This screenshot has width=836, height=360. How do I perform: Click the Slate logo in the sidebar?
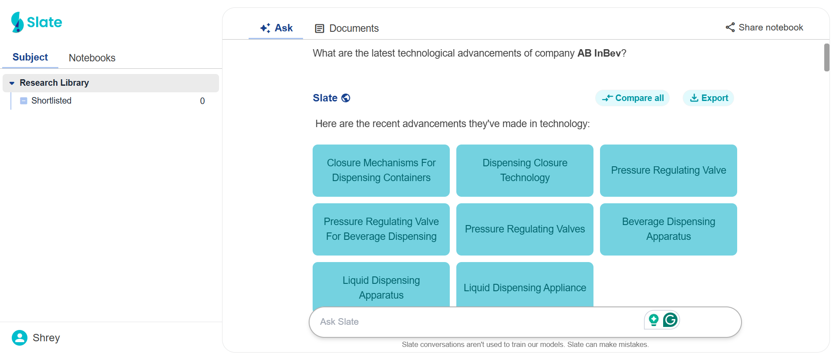tap(37, 22)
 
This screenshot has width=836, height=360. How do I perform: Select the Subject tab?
tap(30, 57)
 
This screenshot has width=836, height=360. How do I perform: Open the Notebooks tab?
tap(92, 58)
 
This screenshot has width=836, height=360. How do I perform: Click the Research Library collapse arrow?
tap(12, 83)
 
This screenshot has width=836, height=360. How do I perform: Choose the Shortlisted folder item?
tap(51, 101)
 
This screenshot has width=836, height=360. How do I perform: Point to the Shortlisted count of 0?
tap(202, 101)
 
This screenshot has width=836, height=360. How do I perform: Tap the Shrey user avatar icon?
tap(20, 337)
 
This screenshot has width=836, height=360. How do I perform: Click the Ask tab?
tap(276, 28)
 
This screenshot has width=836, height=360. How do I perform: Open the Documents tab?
tap(347, 28)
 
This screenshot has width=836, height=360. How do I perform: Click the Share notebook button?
tap(764, 27)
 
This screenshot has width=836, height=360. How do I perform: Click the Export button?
tap(708, 98)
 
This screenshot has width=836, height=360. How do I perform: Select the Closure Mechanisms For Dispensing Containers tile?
tap(381, 170)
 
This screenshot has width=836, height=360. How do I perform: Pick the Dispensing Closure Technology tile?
tap(525, 170)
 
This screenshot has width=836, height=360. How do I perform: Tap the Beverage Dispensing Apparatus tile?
tap(668, 229)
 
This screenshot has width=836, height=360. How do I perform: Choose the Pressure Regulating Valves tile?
tap(525, 229)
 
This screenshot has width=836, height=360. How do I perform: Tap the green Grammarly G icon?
tap(670, 320)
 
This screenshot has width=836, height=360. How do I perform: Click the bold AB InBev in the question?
tap(599, 53)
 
